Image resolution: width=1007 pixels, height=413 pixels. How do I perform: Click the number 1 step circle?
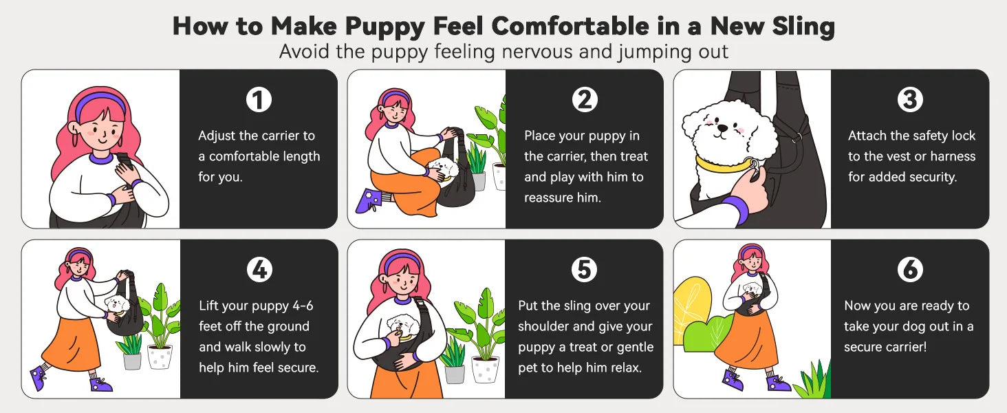259,100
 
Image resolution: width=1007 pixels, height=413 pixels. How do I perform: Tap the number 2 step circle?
584,100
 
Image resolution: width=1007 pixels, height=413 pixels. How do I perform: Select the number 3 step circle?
910,100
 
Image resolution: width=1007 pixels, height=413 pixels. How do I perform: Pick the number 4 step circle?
259,271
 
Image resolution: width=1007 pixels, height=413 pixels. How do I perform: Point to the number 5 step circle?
584,271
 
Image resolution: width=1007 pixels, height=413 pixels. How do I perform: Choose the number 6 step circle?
910,271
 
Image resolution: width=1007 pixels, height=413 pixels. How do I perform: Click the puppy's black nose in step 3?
720,127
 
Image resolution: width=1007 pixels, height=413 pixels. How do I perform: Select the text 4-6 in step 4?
300,306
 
